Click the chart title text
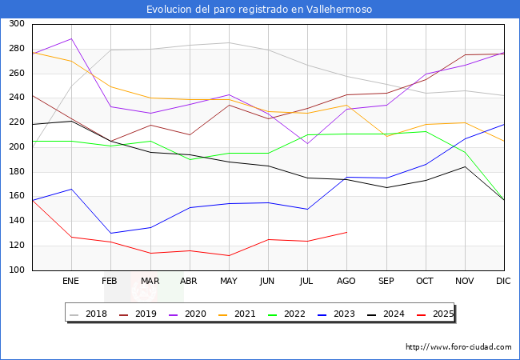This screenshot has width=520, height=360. point(259,10)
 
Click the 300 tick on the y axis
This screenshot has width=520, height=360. point(16,24)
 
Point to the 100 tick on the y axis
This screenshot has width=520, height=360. point(16,270)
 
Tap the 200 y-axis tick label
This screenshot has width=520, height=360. point(16,147)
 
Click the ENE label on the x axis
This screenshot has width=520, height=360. point(71,282)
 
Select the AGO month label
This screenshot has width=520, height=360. point(346,282)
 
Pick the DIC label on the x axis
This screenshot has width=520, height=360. point(503,282)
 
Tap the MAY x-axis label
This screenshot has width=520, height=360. point(229,282)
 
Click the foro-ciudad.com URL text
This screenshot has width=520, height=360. point(458,347)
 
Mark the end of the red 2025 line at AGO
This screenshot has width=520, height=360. point(346,232)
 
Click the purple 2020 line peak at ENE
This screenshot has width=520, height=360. point(71,38)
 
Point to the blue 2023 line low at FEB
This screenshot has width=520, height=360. point(110,233)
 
